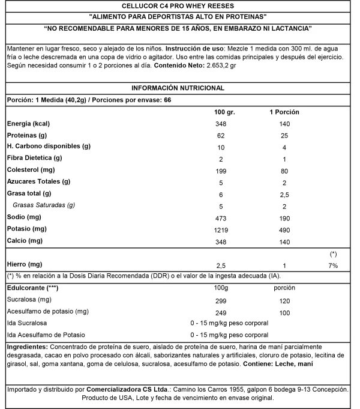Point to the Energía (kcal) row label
(x=29, y=124)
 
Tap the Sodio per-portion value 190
(x=284, y=217)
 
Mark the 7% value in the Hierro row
(x=332, y=265)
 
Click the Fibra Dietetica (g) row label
(x=35, y=159)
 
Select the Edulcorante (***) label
(x=31, y=288)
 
